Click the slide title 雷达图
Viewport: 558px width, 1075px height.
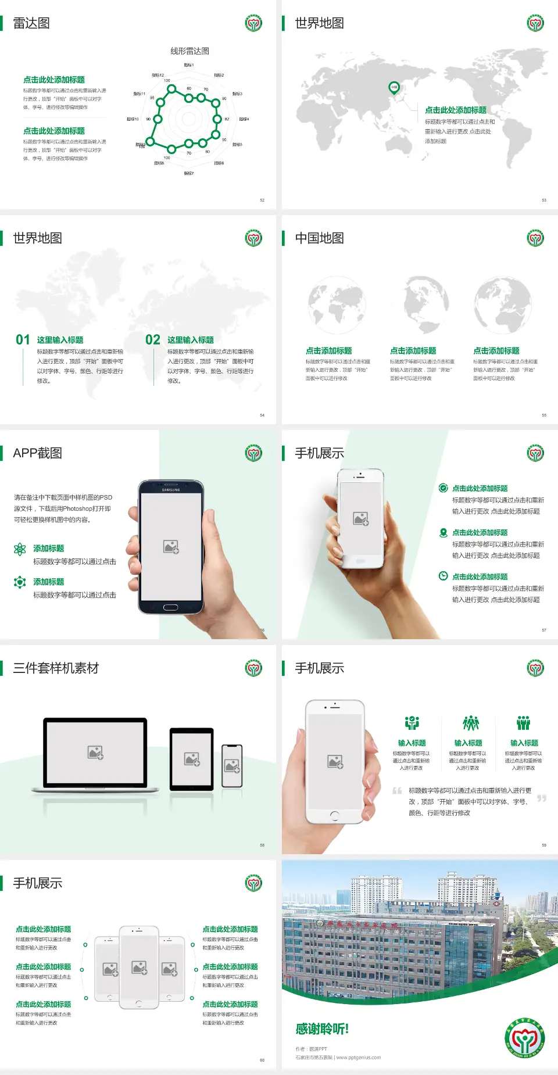(x=31, y=23)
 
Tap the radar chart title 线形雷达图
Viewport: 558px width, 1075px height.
(x=189, y=51)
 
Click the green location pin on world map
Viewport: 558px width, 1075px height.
(x=394, y=88)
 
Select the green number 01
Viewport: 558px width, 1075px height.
(x=23, y=340)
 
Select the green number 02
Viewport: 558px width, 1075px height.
(x=153, y=340)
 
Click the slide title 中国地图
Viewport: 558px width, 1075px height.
(x=319, y=238)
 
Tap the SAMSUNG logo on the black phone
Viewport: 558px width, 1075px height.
(x=171, y=490)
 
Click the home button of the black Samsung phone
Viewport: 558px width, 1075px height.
(x=170, y=607)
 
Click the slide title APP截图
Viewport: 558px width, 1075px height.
(x=37, y=453)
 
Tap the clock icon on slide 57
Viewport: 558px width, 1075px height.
(x=443, y=576)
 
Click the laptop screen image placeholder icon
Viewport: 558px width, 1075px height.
(x=95, y=752)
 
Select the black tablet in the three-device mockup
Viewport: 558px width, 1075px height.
(x=192, y=758)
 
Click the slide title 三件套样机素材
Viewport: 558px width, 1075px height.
(x=56, y=668)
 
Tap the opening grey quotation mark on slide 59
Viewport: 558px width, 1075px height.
(x=397, y=791)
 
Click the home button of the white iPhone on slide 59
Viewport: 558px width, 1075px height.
(x=334, y=816)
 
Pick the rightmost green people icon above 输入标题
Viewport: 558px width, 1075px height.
(x=524, y=723)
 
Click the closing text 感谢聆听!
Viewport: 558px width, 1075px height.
(x=322, y=1029)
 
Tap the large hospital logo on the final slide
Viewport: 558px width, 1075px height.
(x=524, y=1038)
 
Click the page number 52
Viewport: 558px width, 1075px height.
(x=262, y=200)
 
